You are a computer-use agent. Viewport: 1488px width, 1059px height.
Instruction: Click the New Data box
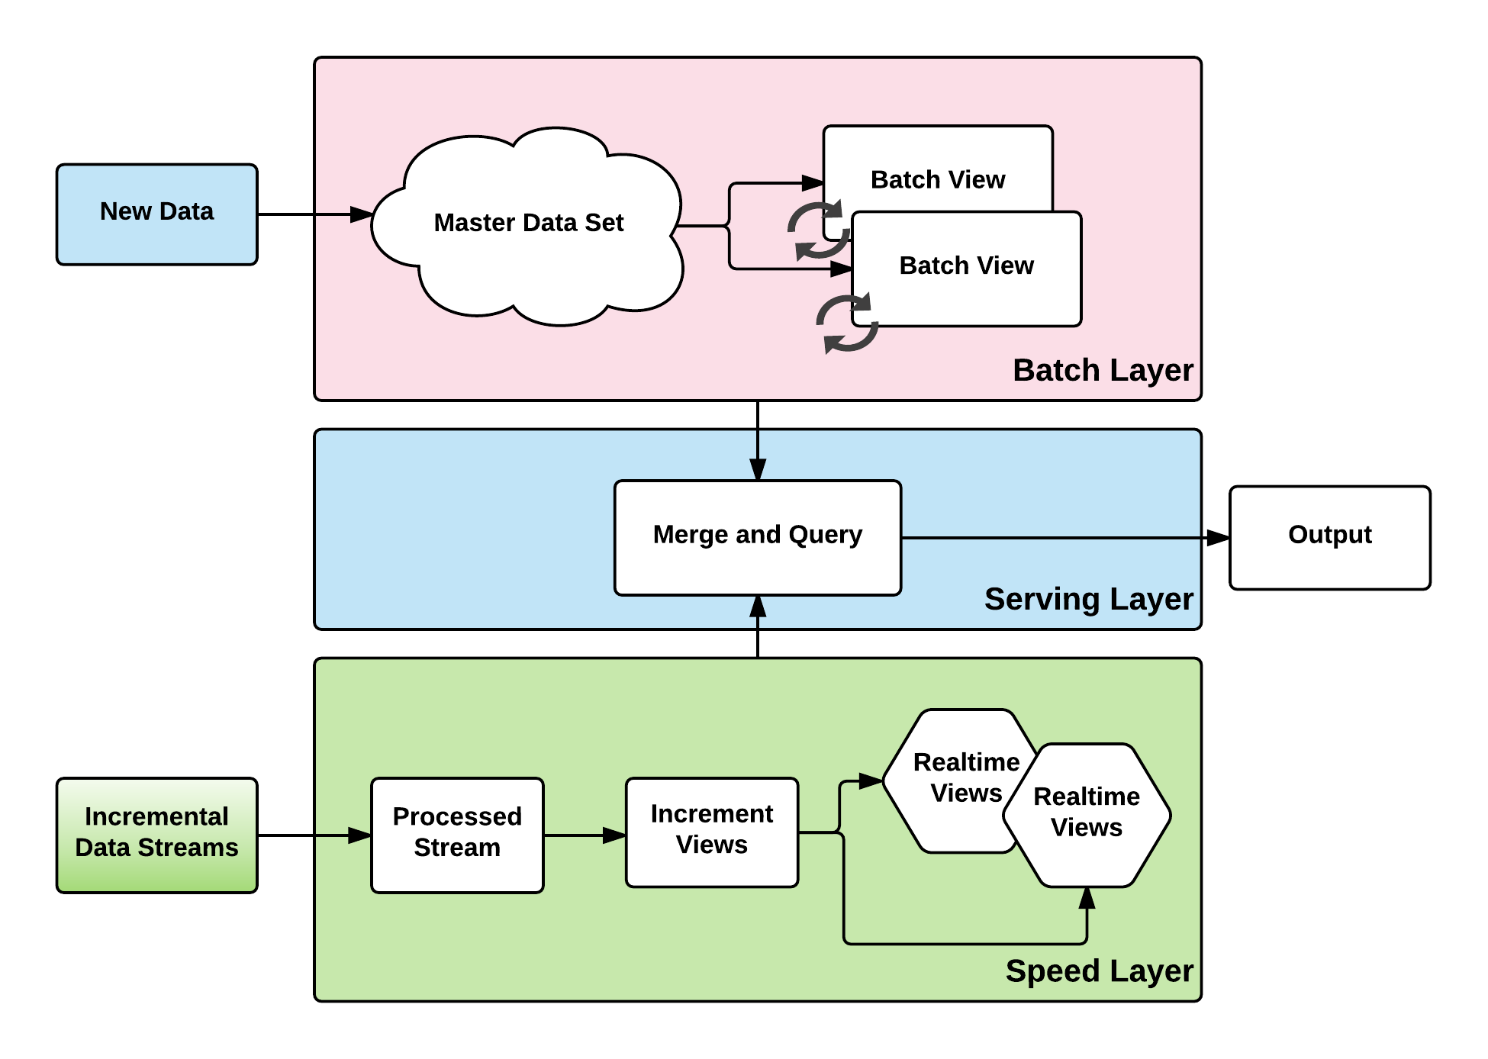(156, 214)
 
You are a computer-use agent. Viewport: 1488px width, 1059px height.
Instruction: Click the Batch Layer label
(1102, 371)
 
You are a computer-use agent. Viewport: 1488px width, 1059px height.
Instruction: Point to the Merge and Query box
(757, 537)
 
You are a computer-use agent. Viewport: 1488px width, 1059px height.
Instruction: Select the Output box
(1329, 537)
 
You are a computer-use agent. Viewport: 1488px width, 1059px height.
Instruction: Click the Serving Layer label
(1088, 600)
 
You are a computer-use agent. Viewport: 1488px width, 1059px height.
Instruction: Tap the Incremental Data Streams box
(156, 834)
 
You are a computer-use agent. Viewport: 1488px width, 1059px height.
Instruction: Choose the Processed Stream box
(457, 835)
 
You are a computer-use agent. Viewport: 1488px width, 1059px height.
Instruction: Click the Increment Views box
(711, 832)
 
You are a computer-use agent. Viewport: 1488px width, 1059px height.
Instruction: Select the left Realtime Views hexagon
(954, 778)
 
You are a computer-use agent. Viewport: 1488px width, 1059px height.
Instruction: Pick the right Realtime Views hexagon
(1087, 815)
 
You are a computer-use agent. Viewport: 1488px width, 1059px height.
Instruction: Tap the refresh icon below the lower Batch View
(847, 323)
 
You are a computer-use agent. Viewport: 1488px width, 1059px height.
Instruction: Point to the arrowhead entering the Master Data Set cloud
(361, 214)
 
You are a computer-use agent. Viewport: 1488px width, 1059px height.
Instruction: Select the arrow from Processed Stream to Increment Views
(584, 835)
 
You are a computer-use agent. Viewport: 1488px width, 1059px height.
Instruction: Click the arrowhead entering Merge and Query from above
(757, 469)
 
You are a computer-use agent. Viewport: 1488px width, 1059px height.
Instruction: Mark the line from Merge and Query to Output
(1049, 538)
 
